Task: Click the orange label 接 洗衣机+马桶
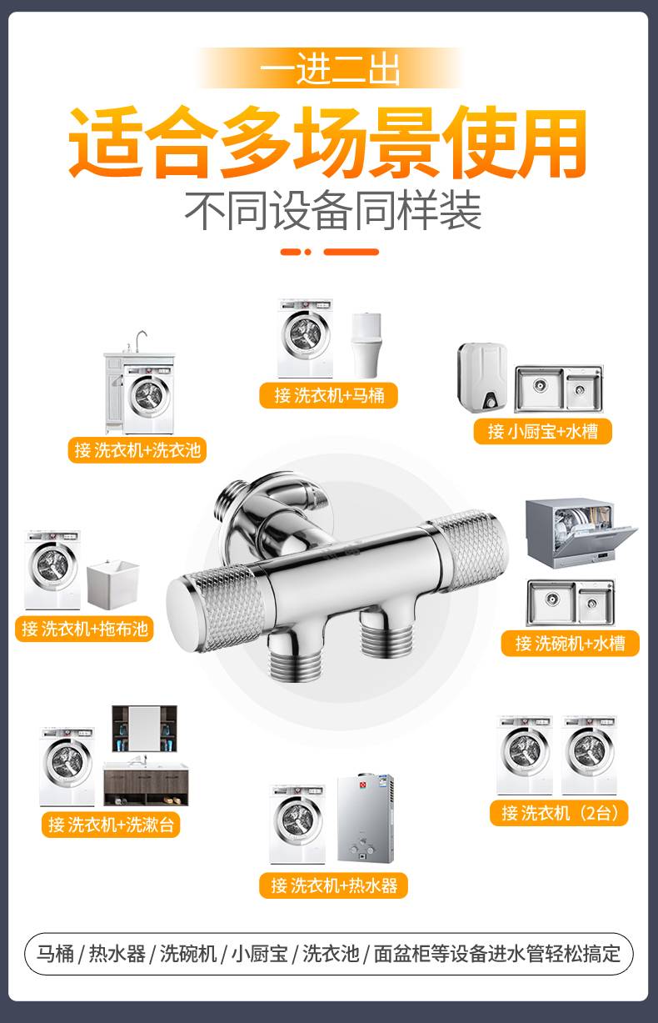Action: [328, 395]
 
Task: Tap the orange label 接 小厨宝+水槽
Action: [542, 431]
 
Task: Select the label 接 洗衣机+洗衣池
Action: [137, 450]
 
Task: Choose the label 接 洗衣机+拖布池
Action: [84, 629]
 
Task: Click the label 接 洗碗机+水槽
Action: [570, 644]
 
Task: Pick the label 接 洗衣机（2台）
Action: [559, 813]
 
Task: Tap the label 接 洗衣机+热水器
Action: [333, 885]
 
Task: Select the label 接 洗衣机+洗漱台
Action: [111, 825]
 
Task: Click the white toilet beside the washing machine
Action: [366, 345]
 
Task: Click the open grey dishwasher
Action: [581, 533]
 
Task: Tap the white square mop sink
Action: [112, 584]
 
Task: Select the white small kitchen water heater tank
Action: [483, 375]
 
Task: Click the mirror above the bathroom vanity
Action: [144, 729]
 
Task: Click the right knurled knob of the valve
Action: [471, 548]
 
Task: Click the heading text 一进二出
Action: [330, 69]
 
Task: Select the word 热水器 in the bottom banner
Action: [117, 954]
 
